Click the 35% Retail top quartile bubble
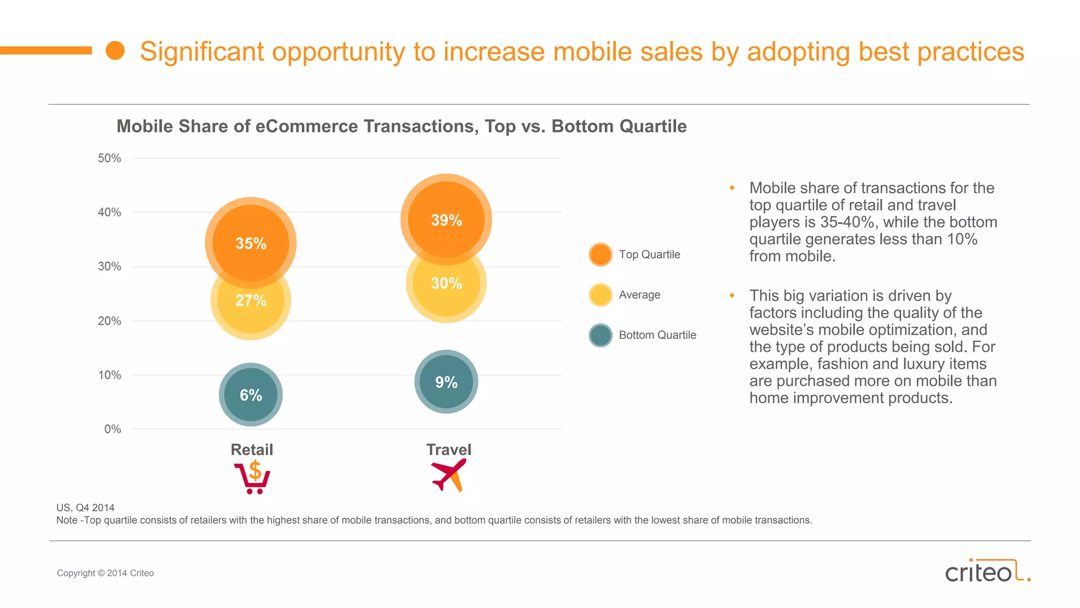[250, 243]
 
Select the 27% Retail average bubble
[250, 311]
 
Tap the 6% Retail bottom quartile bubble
[250, 395]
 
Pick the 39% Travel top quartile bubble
[446, 220]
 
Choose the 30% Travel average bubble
[446, 290]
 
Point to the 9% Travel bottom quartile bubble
[446, 382]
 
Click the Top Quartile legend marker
[600, 254]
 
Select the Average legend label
[639, 295]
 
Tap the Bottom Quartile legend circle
[600, 335]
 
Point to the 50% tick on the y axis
[109, 158]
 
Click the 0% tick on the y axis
[112, 429]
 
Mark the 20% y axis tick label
[109, 321]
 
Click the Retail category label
[252, 450]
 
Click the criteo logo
[986, 571]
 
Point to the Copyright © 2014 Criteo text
[105, 573]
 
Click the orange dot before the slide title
[115, 51]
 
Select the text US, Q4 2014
[85, 508]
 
